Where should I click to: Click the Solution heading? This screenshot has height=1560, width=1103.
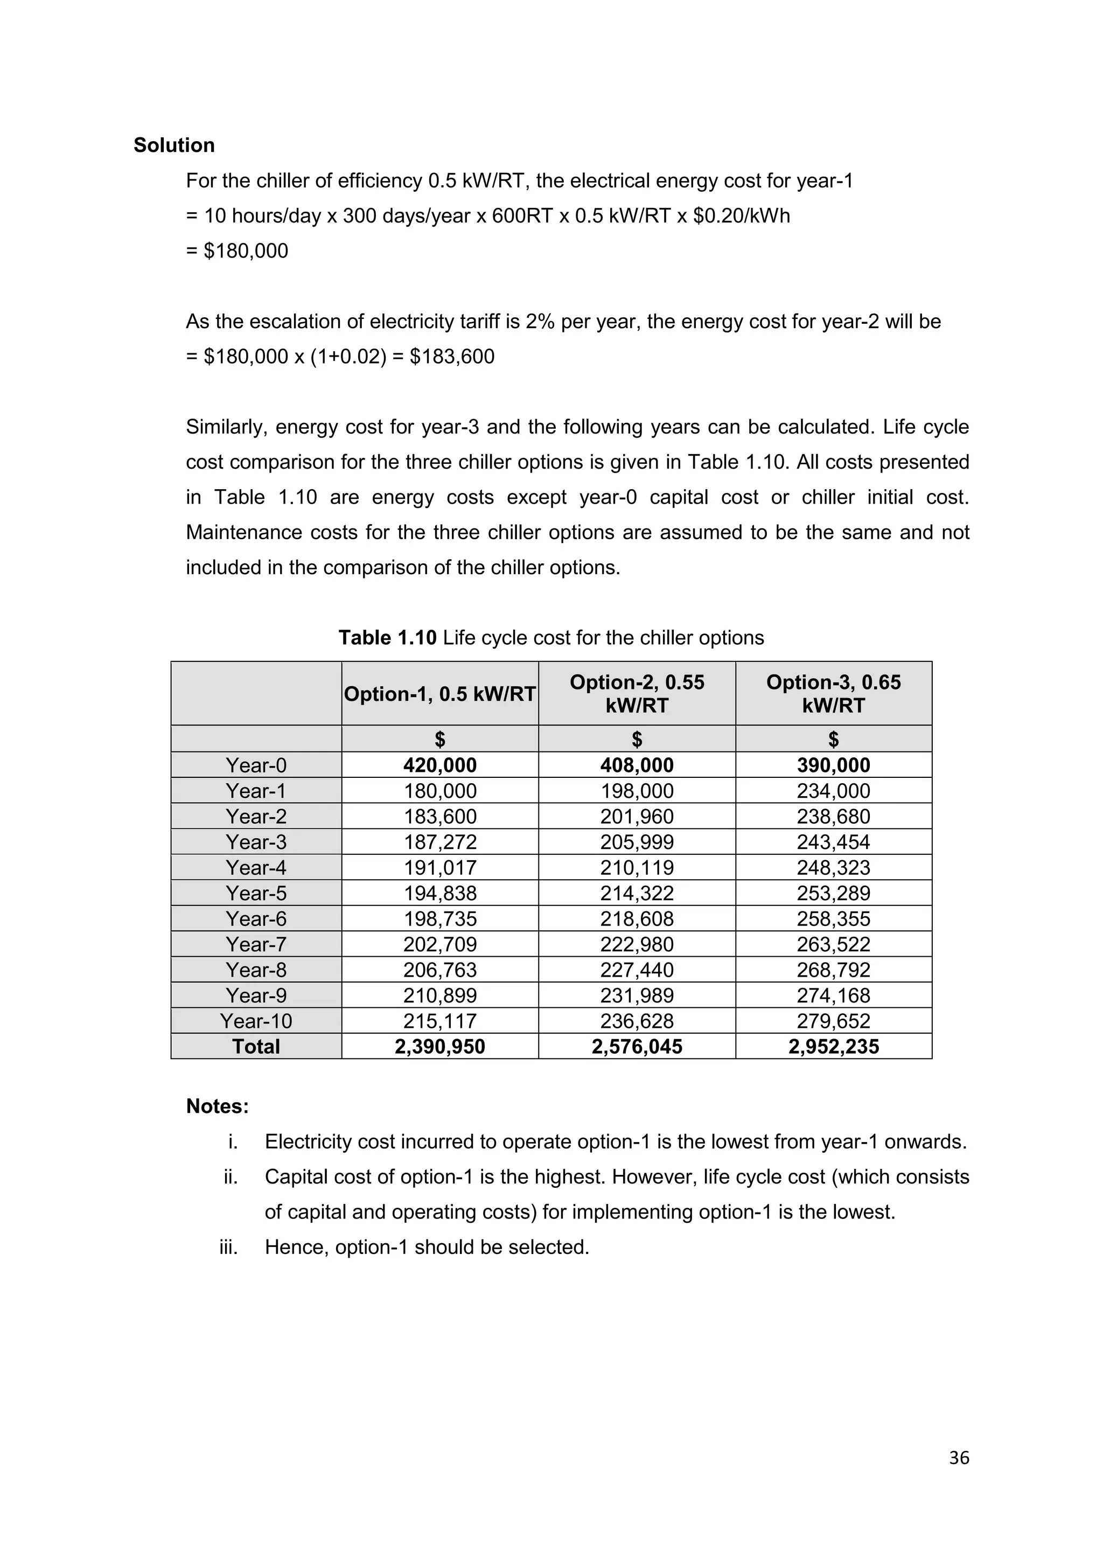tap(174, 145)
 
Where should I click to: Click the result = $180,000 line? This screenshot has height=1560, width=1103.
tap(237, 250)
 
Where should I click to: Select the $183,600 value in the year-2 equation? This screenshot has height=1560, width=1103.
tap(452, 356)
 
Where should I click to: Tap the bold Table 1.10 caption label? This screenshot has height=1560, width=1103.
tap(387, 637)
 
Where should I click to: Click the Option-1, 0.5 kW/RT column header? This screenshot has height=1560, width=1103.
tap(439, 694)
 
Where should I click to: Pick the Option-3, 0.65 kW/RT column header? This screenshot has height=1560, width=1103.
tap(833, 694)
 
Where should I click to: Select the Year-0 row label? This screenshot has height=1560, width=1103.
tap(256, 765)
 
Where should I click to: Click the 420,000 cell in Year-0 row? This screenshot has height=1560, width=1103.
tap(439, 765)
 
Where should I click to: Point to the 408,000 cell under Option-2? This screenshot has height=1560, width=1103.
tap(637, 765)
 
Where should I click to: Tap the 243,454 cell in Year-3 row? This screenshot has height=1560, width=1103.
tap(833, 842)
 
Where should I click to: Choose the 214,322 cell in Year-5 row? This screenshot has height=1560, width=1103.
tap(637, 893)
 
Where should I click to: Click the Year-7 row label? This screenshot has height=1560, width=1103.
tap(256, 944)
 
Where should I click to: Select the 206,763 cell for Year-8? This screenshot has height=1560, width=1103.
tap(439, 970)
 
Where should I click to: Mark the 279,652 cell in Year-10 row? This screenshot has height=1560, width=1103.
tap(833, 1021)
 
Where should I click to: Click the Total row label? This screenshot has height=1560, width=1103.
tap(256, 1046)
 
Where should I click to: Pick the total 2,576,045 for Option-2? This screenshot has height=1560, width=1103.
tap(637, 1046)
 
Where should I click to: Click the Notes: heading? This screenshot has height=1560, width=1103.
tap(218, 1106)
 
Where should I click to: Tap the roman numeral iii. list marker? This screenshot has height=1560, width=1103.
tap(228, 1247)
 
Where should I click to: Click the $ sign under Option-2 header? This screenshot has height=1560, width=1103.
tap(637, 739)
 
